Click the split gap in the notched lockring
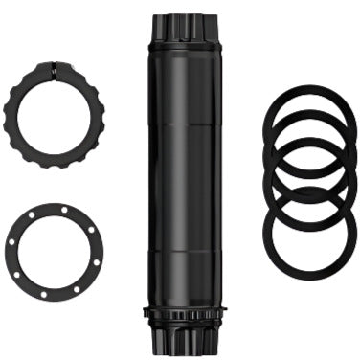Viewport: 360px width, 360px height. pyautogui.click(x=55, y=66)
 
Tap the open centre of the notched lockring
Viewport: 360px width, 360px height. pyautogui.click(x=55, y=114)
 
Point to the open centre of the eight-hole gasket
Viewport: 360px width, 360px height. pyautogui.click(x=55, y=251)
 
